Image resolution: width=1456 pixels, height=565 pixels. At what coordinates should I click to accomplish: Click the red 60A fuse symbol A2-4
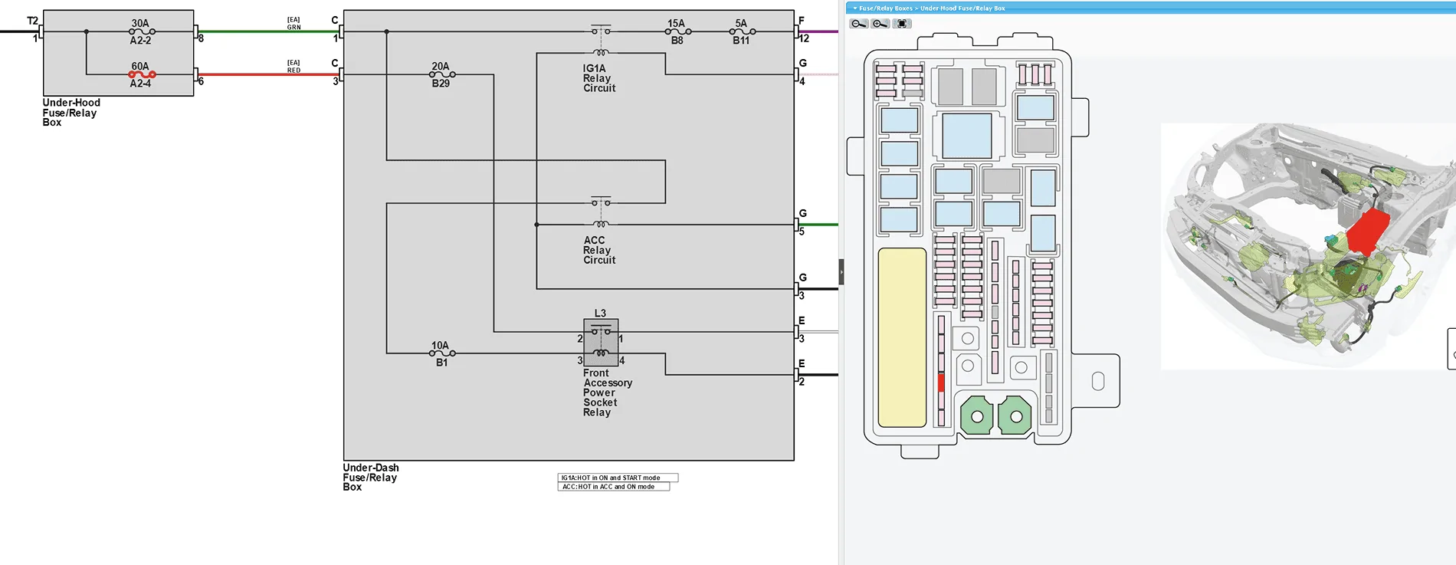(142, 74)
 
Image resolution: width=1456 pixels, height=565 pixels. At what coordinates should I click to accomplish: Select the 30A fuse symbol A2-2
(142, 31)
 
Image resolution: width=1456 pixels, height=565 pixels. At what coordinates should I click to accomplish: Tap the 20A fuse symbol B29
(442, 74)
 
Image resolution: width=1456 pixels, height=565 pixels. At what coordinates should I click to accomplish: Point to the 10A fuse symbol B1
(442, 353)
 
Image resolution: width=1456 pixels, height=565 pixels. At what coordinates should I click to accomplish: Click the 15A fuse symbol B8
(677, 31)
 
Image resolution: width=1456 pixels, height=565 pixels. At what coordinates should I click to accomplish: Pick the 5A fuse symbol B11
(743, 31)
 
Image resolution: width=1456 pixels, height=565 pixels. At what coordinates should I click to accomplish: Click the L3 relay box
(601, 343)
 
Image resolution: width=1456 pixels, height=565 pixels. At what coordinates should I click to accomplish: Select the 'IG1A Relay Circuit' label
(599, 78)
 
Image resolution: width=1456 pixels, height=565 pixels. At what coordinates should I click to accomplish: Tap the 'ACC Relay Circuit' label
(599, 250)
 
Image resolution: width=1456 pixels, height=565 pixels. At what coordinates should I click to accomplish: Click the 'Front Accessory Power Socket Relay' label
(608, 393)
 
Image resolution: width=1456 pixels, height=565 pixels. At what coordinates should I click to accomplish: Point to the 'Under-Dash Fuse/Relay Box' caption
(371, 477)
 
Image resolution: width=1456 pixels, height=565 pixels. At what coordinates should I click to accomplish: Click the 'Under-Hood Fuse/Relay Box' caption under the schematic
(71, 112)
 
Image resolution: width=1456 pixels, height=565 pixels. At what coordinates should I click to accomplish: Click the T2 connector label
(32, 21)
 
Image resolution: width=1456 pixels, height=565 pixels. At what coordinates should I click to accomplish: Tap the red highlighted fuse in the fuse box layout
(941, 382)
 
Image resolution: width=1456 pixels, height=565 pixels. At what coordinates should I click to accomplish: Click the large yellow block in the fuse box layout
(902, 337)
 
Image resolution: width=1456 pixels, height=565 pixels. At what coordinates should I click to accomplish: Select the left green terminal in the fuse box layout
(977, 416)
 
